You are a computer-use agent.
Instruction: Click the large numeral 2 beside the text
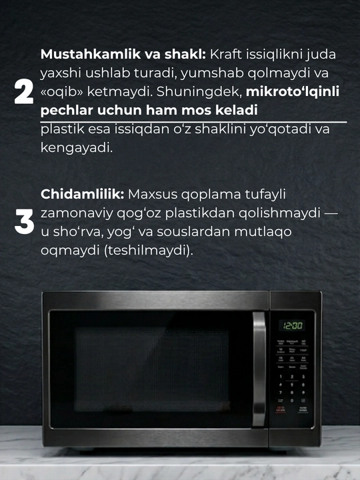click(x=24, y=91)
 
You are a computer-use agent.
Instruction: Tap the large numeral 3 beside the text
click(x=24, y=221)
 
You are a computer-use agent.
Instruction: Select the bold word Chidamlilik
click(x=83, y=194)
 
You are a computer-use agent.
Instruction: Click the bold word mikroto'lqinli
click(x=293, y=91)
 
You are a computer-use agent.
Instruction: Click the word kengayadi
click(x=77, y=148)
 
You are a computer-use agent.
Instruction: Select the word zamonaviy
click(x=77, y=213)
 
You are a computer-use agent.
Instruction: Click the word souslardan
click(x=193, y=232)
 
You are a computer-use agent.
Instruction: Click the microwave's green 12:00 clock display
click(x=292, y=326)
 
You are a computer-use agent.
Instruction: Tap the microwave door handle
click(x=259, y=369)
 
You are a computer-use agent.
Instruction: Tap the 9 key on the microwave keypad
click(x=303, y=393)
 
